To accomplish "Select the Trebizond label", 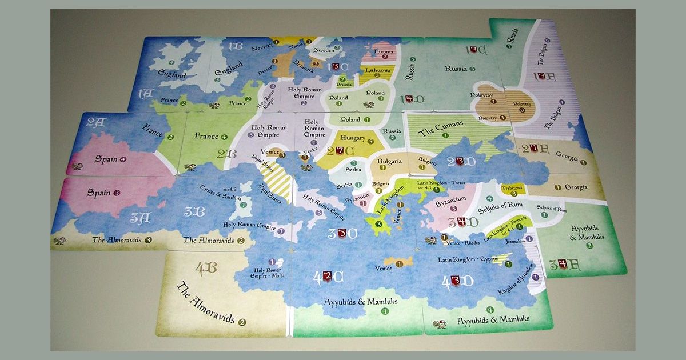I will (513, 187).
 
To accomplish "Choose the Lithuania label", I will (378, 70).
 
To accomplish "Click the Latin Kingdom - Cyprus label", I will (466, 259).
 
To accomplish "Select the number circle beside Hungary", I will (370, 142).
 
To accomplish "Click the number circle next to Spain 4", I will (123, 160).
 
